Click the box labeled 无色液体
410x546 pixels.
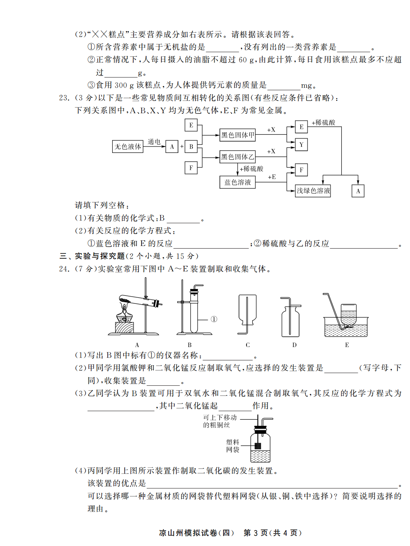point(128,146)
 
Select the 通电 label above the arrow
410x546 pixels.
point(154,142)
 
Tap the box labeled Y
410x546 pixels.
point(301,145)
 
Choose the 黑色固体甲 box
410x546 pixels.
point(237,135)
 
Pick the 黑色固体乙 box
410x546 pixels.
point(237,157)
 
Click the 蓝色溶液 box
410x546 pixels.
point(237,182)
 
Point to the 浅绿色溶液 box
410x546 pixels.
point(313,191)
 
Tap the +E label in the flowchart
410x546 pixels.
point(272,177)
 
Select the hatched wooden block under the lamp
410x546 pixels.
point(125,328)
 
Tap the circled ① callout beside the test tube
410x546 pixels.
point(214,319)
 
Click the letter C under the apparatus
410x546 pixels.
point(248,345)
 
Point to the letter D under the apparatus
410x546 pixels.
point(294,345)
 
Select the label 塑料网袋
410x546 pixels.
point(232,446)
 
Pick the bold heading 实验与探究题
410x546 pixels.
point(100,256)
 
